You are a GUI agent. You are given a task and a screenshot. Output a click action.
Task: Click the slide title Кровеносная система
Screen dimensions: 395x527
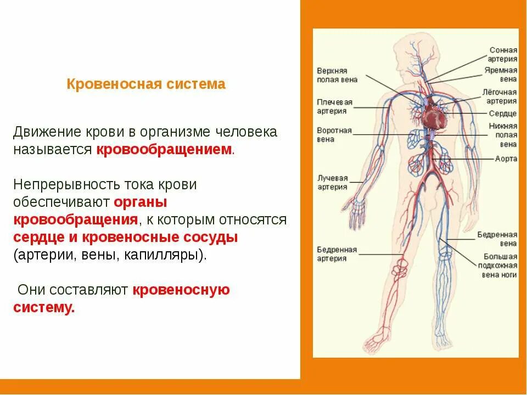[x=146, y=84]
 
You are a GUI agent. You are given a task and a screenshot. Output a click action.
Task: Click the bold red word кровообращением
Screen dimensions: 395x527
[x=165, y=150]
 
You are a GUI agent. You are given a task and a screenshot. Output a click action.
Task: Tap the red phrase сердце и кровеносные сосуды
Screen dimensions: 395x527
[x=125, y=238]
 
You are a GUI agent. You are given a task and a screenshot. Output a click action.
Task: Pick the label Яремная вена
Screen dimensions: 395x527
[x=501, y=75]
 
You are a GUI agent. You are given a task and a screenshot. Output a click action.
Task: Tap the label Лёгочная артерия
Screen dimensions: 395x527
[x=500, y=96]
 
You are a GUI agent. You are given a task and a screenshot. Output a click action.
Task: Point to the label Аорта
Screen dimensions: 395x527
[x=506, y=159]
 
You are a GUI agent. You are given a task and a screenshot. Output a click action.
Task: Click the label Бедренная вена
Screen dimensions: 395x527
[x=497, y=238]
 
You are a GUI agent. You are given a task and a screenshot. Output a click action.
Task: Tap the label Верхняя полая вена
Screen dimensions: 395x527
[x=337, y=75]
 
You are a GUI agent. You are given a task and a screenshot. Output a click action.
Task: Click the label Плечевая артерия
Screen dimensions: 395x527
[x=334, y=106]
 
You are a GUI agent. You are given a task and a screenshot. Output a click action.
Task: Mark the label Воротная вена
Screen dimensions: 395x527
[x=334, y=135]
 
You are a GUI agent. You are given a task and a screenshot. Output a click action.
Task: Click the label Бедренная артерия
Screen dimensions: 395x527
[x=337, y=254]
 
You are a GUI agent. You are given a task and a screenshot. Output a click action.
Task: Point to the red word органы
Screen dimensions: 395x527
[x=140, y=202]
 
